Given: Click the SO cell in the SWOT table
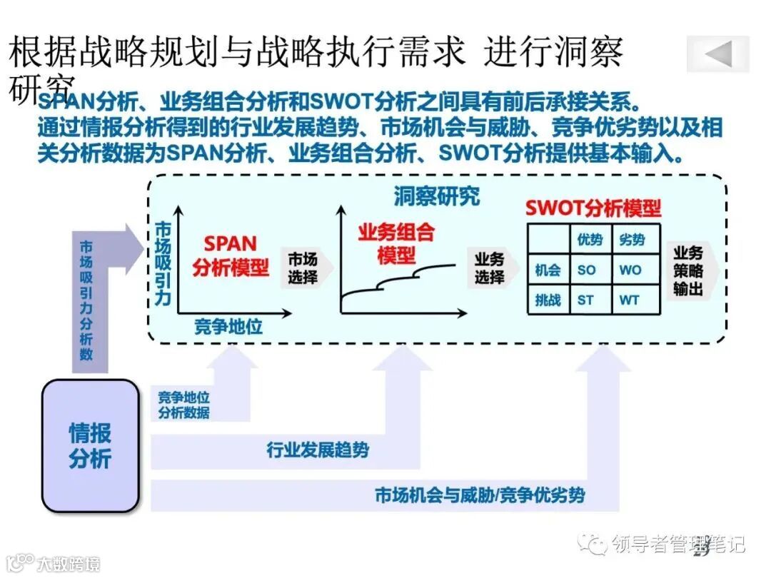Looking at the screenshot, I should [x=586, y=270].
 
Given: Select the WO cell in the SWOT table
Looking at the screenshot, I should [x=630, y=270].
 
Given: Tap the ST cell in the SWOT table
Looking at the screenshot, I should [x=586, y=300].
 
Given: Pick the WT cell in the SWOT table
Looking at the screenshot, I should [x=630, y=300].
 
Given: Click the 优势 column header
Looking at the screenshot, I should [x=590, y=240].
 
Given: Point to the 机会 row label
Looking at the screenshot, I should [x=548, y=270].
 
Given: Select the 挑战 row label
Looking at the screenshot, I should [x=548, y=300].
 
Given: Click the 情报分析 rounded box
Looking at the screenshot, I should [x=90, y=445].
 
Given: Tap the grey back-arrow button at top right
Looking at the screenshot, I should [x=718, y=54].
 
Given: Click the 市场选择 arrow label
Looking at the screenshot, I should [x=304, y=268].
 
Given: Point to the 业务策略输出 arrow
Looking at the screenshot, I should [x=689, y=270].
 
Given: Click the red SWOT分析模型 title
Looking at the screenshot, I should [x=593, y=208].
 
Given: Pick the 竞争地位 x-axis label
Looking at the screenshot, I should [x=228, y=328].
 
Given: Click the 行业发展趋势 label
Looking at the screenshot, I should [x=318, y=450].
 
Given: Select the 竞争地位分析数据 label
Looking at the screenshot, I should [x=184, y=405].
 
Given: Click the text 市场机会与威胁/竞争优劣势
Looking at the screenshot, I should [x=480, y=495].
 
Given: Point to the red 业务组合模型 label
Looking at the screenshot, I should [x=397, y=243].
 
